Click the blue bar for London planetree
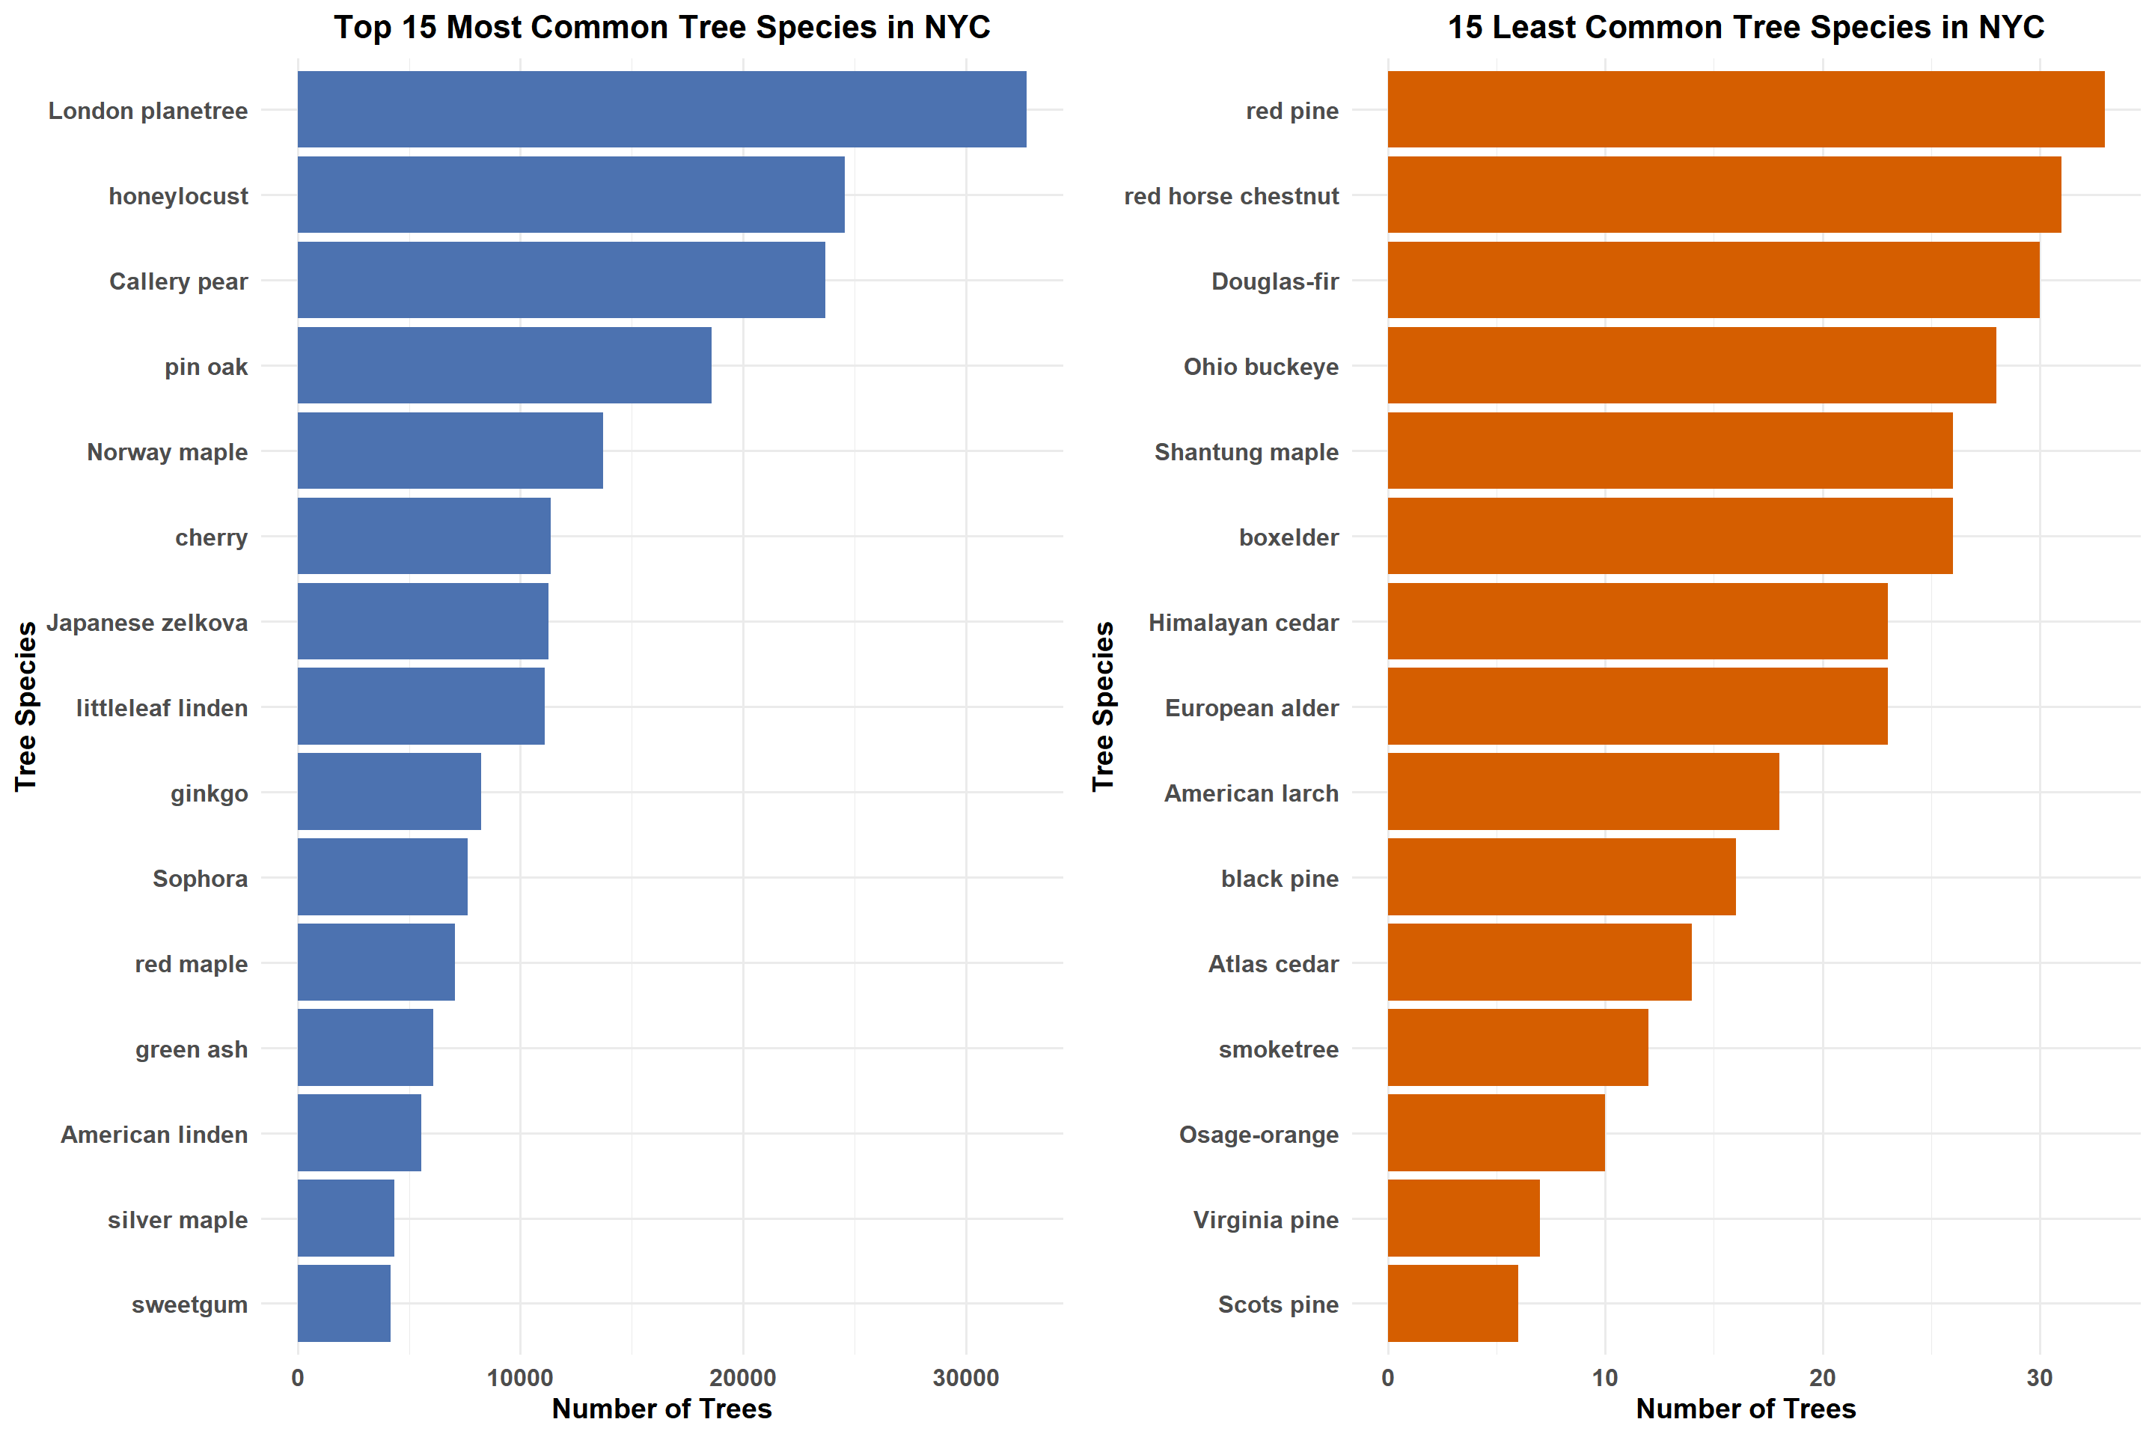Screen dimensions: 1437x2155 (x=661, y=109)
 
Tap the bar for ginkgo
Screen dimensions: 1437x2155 (x=388, y=791)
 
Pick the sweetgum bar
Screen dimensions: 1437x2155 (x=343, y=1302)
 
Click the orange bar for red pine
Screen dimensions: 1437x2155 (x=1746, y=109)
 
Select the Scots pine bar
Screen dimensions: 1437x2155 (x=1452, y=1302)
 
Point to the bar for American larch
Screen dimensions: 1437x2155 (x=1583, y=791)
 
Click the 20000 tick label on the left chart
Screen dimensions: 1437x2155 (x=742, y=1377)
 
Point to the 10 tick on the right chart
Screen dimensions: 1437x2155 (x=1604, y=1377)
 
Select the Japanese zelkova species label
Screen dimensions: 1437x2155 (x=147, y=622)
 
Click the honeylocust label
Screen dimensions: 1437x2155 (x=178, y=196)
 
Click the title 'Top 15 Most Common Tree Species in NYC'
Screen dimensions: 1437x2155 (x=661, y=28)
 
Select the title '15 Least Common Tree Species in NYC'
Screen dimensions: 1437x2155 (x=1746, y=28)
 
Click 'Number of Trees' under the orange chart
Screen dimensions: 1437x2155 (x=1746, y=1409)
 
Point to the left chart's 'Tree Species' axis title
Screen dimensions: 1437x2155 (x=25, y=706)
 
